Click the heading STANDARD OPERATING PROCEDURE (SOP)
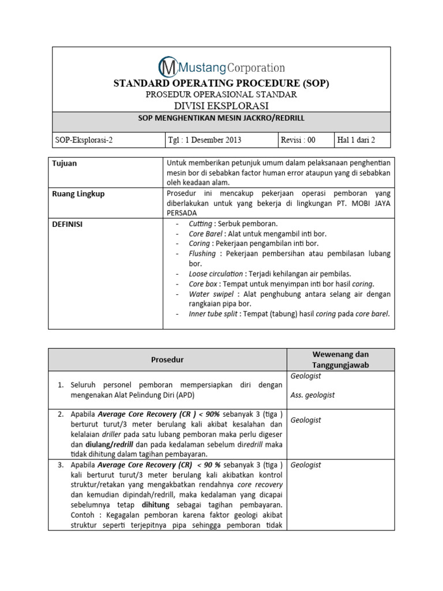221,83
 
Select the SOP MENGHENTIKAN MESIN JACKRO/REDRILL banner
221,118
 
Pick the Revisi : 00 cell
298,140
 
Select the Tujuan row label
65,163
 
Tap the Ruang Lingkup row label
78,194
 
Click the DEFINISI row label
67,225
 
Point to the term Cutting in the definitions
200,224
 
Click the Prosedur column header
167,360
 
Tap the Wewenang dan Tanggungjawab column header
340,360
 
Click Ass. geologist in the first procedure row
313,395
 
